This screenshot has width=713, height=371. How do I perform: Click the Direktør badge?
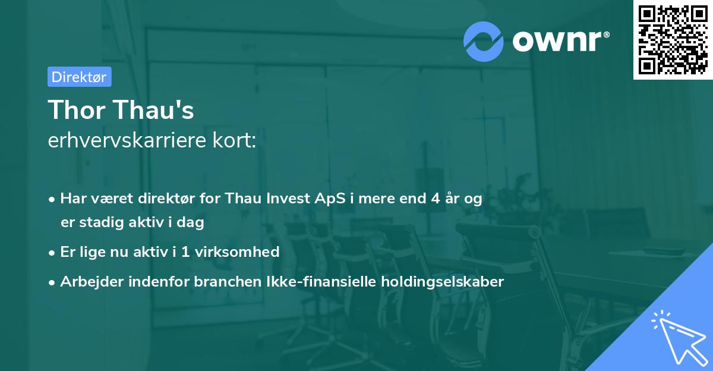(x=79, y=77)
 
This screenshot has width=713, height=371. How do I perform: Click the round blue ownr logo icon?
(x=483, y=41)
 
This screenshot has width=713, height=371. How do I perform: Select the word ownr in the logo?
(x=559, y=41)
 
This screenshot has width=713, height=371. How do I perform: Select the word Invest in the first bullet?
(x=287, y=199)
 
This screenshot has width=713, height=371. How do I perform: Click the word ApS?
(x=329, y=199)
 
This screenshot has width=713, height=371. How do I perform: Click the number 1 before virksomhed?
(x=185, y=252)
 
